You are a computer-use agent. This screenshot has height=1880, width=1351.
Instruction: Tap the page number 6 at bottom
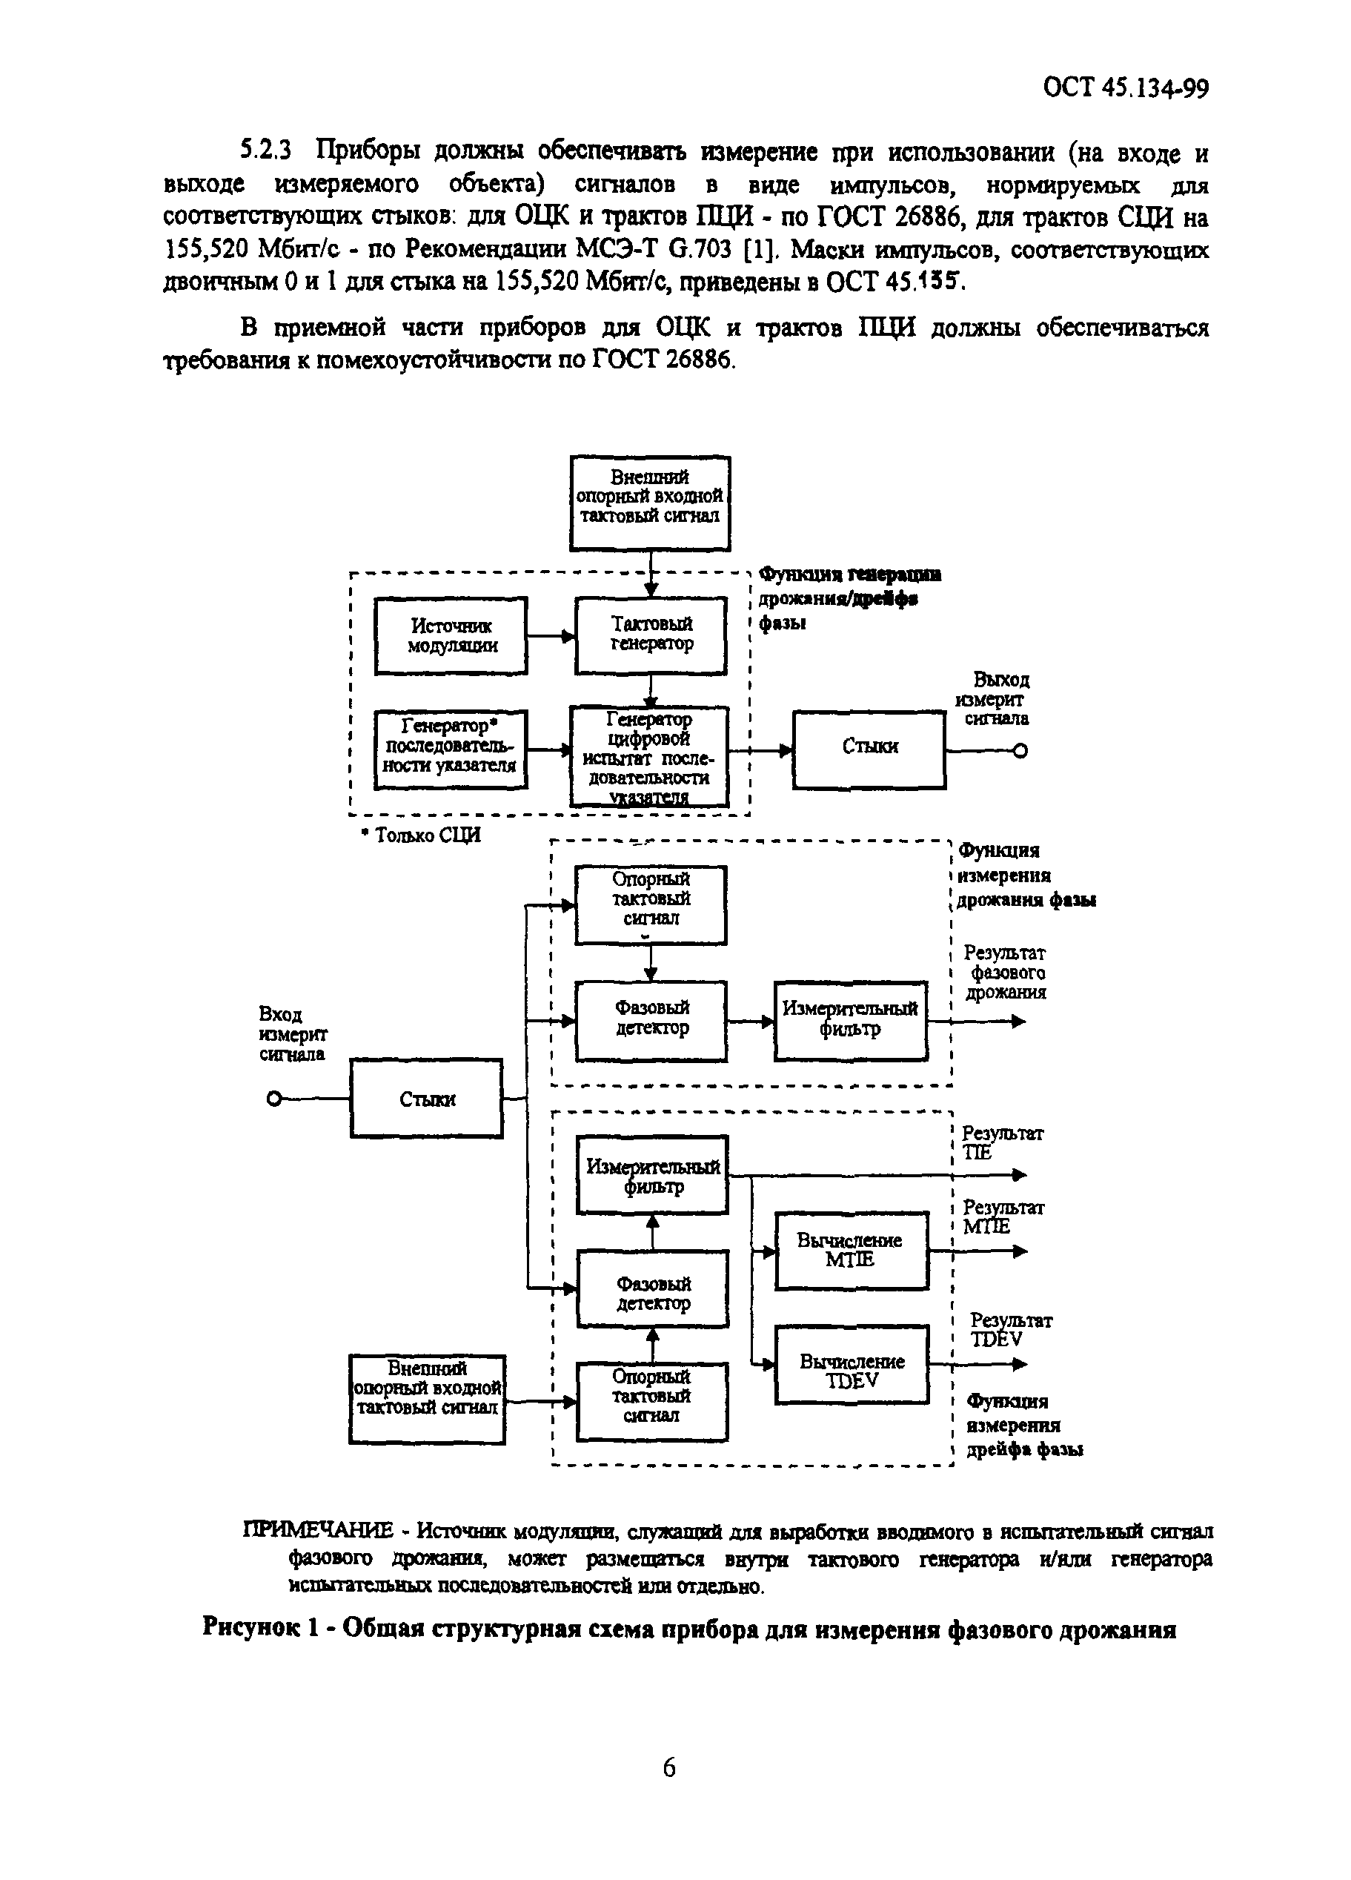(669, 1767)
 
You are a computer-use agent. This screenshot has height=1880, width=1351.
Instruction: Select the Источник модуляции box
(451, 635)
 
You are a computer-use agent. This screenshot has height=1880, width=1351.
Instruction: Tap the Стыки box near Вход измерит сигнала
(426, 1099)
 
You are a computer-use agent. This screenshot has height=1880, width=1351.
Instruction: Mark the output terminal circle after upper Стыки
(1020, 751)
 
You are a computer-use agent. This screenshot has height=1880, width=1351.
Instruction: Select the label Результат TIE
(1001, 1142)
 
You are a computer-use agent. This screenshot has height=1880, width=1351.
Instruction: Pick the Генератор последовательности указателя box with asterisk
(451, 749)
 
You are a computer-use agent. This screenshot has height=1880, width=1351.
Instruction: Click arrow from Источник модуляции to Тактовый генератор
(551, 637)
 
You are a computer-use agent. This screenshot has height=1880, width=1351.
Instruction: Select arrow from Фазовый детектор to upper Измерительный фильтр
(750, 1022)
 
